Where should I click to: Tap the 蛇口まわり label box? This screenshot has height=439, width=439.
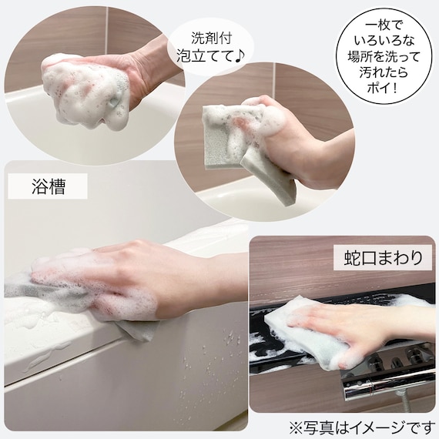[383, 257]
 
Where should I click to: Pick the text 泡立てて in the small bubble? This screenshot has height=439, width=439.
[202, 55]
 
